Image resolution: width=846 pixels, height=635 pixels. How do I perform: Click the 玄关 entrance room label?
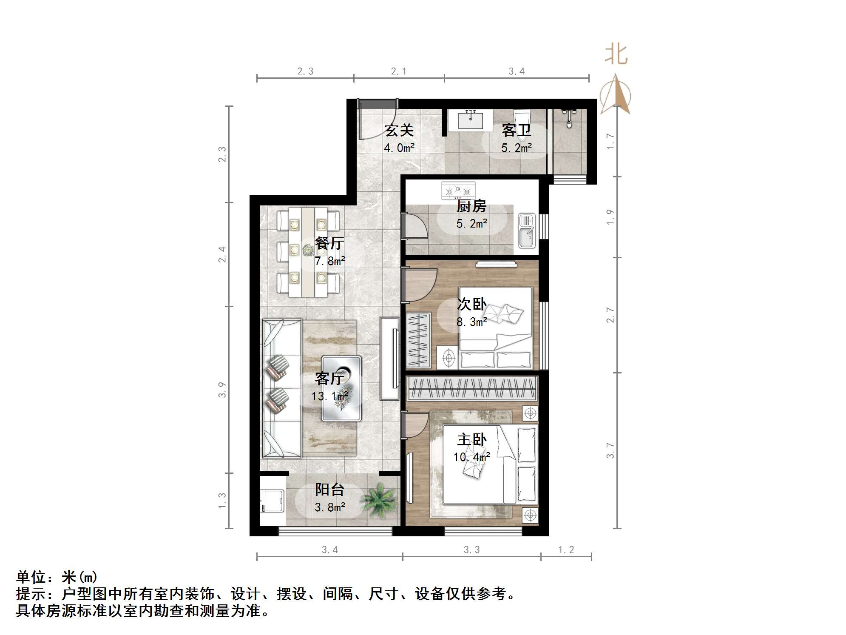[399, 130]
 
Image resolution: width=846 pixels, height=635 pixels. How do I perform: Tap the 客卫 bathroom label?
[516, 130]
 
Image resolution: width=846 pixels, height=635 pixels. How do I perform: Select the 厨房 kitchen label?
[471, 206]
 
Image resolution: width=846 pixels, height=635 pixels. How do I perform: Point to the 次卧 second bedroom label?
[471, 304]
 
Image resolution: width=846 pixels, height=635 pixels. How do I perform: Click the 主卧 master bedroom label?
[471, 439]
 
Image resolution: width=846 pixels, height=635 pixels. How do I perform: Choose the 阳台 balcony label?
[329, 490]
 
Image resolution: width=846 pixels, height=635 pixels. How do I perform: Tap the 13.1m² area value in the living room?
[329, 396]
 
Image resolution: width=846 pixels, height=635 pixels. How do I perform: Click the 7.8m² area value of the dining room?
[329, 261]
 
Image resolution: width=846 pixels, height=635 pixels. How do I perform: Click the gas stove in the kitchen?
[458, 190]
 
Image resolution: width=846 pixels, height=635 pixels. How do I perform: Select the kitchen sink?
[527, 231]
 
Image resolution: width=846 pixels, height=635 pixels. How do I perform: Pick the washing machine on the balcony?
[272, 501]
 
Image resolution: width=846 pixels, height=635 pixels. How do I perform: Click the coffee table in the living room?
[341, 388]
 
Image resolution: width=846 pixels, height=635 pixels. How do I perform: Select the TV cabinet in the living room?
[389, 359]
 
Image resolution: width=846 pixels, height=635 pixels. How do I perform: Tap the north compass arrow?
[615, 95]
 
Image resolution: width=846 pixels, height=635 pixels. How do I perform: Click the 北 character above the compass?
[616, 55]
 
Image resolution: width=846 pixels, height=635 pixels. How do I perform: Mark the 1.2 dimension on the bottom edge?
[566, 550]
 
